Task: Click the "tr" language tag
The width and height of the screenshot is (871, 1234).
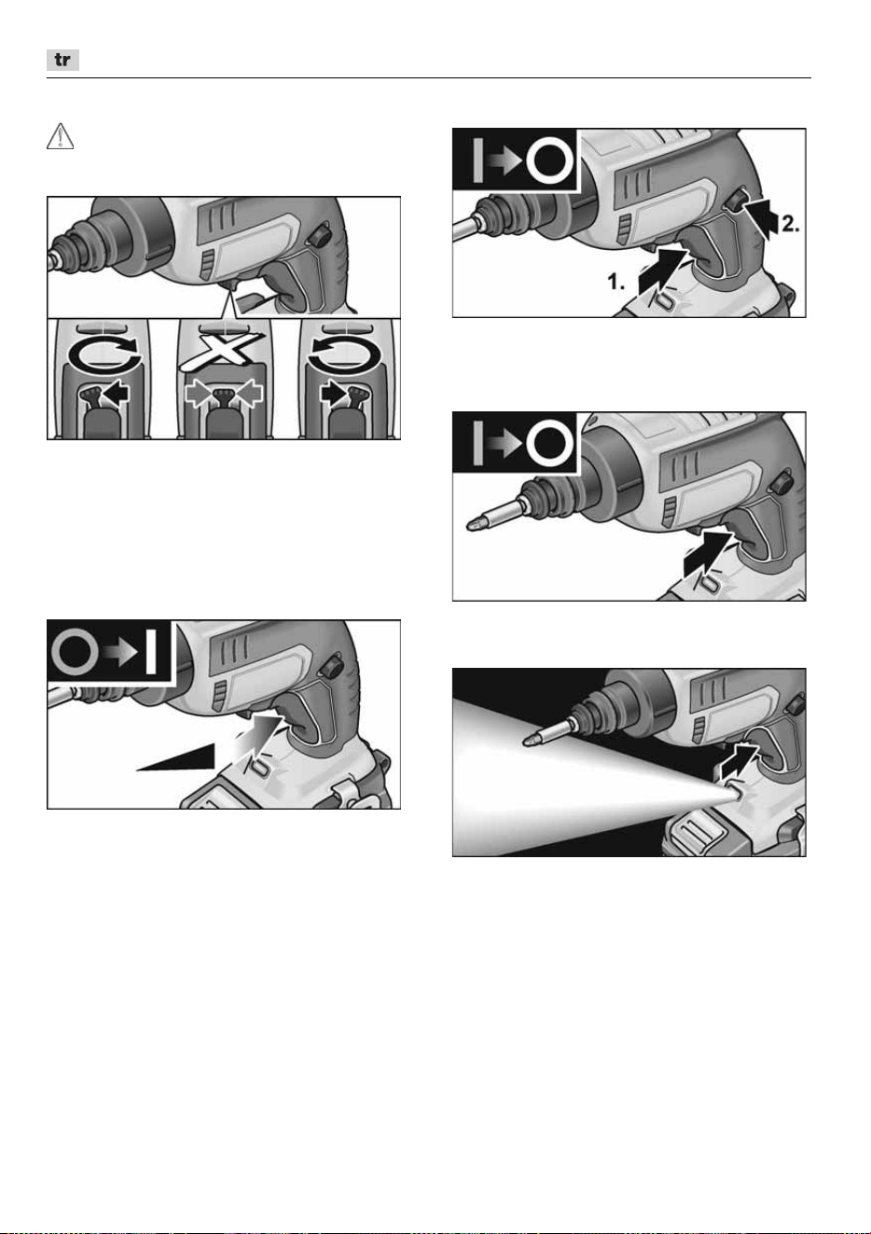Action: [62, 60]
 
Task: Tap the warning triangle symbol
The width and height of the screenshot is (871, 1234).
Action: [60, 136]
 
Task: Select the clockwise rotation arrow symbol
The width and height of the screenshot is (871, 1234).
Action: [105, 354]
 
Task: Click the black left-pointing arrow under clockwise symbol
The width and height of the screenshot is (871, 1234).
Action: [117, 395]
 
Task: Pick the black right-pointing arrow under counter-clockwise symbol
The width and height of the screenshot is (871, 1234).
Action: [334, 395]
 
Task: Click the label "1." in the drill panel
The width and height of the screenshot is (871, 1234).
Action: [615, 282]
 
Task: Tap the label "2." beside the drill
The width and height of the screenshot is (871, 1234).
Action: [791, 224]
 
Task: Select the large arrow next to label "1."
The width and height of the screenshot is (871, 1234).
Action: [663, 271]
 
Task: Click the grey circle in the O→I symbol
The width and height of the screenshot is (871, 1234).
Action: [75, 653]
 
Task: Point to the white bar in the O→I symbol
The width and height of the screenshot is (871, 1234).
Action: [151, 653]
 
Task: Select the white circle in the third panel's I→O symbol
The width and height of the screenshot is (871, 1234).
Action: [549, 444]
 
